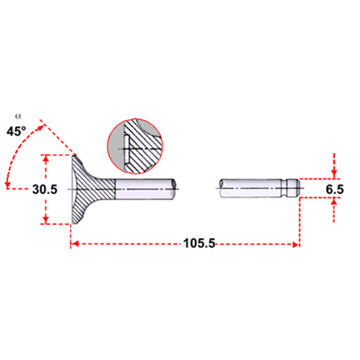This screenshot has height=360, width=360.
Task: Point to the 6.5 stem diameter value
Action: (x=333, y=189)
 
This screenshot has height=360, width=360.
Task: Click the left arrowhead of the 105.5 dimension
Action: (x=73, y=244)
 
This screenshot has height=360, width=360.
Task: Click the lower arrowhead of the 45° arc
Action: (x=7, y=186)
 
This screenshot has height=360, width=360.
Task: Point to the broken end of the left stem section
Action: (x=175, y=188)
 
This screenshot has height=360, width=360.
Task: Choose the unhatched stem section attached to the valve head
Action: (x=144, y=188)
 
